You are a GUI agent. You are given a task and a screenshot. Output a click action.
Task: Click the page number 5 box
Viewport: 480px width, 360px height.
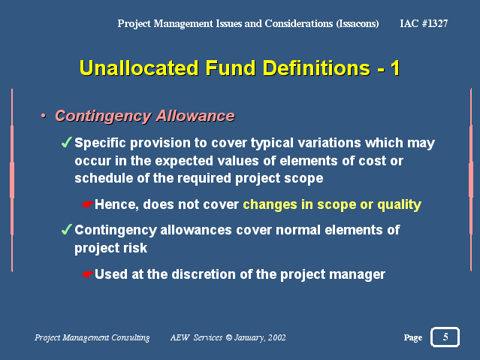tap(445, 337)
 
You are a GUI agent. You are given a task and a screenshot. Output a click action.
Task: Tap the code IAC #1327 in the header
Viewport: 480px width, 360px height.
tap(424, 23)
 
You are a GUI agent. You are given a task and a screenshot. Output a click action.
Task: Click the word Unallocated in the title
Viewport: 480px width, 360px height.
tap(139, 68)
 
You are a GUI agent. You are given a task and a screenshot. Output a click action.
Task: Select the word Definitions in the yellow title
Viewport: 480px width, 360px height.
tap(317, 68)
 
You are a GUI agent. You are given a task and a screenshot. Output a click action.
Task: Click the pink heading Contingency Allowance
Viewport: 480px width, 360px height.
tap(145, 116)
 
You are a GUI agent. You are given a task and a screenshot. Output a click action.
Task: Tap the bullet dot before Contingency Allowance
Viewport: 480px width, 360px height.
tap(44, 116)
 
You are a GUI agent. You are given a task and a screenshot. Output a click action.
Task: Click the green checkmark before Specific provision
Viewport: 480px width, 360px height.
tap(66, 142)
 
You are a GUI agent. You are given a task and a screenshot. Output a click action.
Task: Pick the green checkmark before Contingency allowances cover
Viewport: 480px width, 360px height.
tap(66, 229)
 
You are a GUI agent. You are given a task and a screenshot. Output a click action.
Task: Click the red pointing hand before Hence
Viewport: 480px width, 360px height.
tap(88, 204)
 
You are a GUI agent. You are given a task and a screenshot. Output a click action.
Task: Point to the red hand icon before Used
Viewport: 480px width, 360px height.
tap(88, 274)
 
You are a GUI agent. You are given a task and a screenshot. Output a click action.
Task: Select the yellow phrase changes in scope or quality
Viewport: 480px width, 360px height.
tap(332, 204)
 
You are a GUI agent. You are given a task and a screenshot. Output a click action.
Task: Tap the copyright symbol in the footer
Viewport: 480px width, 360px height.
tap(229, 337)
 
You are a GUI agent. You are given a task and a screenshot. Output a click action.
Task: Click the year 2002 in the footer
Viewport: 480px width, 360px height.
tap(277, 337)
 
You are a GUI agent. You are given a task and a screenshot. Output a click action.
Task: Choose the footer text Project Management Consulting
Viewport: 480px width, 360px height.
tap(92, 337)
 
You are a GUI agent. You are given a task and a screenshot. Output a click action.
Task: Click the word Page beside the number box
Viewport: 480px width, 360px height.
tap(413, 337)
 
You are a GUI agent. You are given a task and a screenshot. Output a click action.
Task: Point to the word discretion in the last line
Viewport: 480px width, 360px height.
tap(204, 274)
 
